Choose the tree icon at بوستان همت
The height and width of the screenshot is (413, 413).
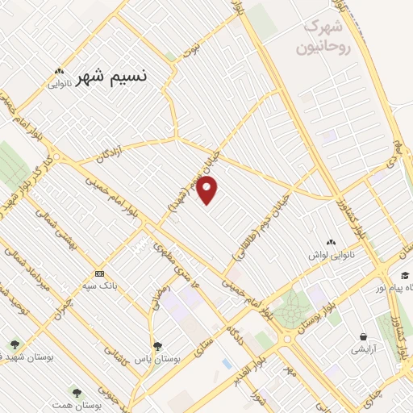(77, 393)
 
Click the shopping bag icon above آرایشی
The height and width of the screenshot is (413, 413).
(364, 336)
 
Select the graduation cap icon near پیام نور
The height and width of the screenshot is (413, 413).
(403, 274)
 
